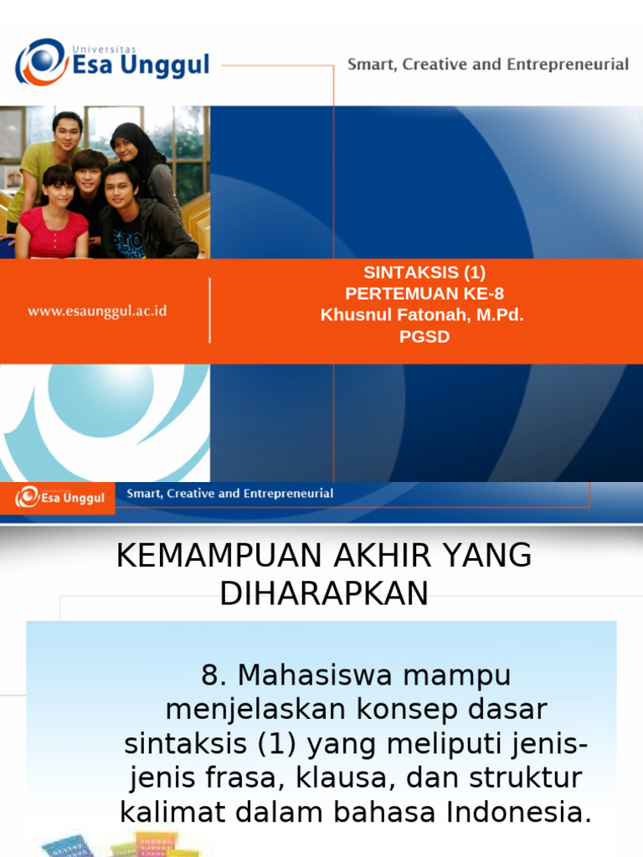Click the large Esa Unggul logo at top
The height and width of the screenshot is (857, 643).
pos(112,62)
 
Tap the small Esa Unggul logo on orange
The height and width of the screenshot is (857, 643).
pos(60,498)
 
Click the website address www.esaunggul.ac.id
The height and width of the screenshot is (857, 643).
pos(97,310)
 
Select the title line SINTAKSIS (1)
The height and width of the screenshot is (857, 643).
pos(424,272)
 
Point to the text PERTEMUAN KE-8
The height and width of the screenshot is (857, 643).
pos(424,294)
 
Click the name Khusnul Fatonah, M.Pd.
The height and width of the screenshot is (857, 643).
pos(422,316)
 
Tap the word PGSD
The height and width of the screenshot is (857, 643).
pos(424,337)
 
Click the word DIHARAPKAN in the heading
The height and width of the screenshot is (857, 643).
pos(324,593)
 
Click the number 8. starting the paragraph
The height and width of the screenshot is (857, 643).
pos(214,675)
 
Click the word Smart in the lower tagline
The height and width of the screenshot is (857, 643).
pos(143,494)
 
